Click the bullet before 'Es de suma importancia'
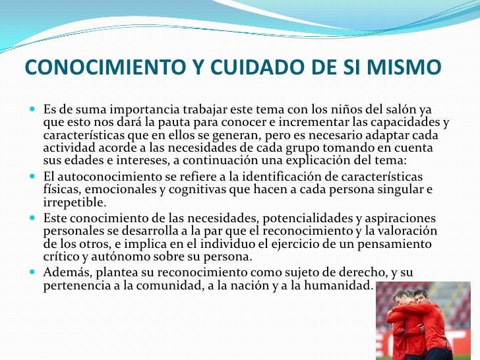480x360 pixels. (x=34, y=108)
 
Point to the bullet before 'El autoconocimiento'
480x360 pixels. (x=34, y=178)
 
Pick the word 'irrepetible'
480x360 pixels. (x=73, y=202)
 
